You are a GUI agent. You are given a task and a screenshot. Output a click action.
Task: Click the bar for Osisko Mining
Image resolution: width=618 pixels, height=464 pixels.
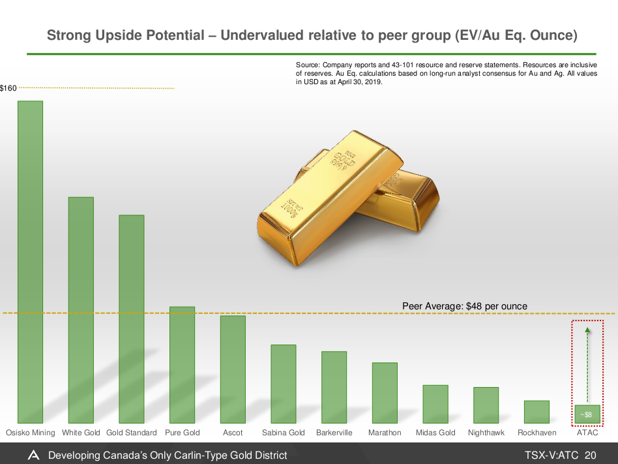pyautogui.click(x=30, y=261)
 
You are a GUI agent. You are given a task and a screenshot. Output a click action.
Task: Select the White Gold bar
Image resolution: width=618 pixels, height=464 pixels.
pyautogui.click(x=81, y=309)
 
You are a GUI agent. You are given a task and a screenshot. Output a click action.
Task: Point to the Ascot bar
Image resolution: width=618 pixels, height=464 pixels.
pyautogui.click(x=233, y=369)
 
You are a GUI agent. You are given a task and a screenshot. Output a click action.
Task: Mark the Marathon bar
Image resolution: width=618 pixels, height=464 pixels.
pyautogui.click(x=385, y=392)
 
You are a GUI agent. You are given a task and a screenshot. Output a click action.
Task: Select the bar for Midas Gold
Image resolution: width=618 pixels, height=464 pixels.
pyautogui.click(x=435, y=403)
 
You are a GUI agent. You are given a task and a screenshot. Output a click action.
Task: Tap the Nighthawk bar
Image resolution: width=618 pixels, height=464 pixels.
pyautogui.click(x=486, y=405)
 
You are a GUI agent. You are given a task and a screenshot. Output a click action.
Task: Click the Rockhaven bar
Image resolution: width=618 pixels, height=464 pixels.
pyautogui.click(x=537, y=411)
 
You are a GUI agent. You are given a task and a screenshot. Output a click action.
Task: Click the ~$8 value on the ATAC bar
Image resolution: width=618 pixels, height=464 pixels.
pyautogui.click(x=587, y=414)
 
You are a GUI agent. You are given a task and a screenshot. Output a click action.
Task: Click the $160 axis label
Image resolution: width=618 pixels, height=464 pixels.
pyautogui.click(x=8, y=87)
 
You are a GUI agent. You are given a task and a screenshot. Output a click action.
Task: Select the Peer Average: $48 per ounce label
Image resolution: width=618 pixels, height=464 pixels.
pyautogui.click(x=464, y=305)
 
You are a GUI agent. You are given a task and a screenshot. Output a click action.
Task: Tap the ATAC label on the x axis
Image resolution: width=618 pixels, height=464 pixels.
pyautogui.click(x=587, y=433)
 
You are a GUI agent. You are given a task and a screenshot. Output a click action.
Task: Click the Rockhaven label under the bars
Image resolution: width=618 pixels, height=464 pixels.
pyautogui.click(x=537, y=433)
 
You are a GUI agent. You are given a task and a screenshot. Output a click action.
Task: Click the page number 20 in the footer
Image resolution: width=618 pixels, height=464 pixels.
pyautogui.click(x=591, y=455)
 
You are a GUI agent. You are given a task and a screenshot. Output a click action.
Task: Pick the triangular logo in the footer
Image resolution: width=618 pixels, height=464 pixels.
pyautogui.click(x=33, y=455)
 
